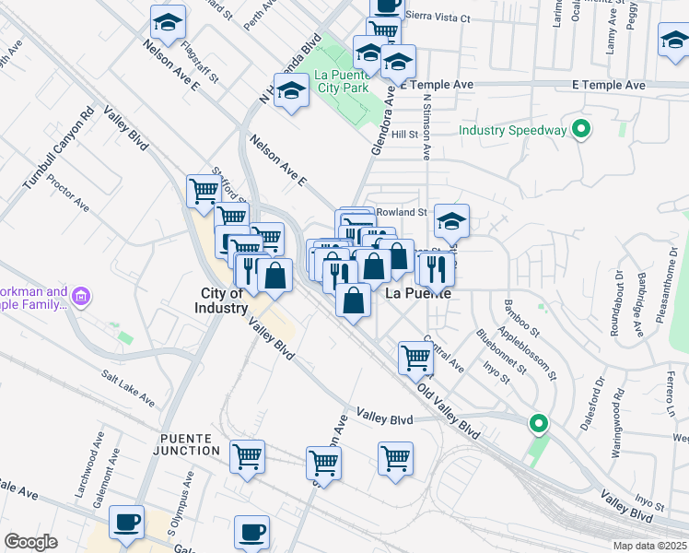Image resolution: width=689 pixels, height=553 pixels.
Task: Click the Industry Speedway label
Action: click(512, 130)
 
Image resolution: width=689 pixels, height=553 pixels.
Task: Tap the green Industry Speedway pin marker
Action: click(580, 130)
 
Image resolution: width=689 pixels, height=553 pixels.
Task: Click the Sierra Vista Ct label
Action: click(438, 18)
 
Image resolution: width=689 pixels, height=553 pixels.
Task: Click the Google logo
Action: click(30, 541)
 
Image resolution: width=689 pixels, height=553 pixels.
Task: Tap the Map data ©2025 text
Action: click(650, 546)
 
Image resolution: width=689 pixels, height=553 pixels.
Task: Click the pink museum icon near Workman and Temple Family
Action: click(81, 298)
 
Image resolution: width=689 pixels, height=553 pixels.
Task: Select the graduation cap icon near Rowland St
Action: click(450, 221)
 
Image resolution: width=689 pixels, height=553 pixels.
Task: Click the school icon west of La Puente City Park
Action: click(291, 91)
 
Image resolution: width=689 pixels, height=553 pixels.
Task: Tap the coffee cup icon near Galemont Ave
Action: click(126, 523)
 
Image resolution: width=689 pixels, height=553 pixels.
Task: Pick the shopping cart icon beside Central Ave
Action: click(415, 357)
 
